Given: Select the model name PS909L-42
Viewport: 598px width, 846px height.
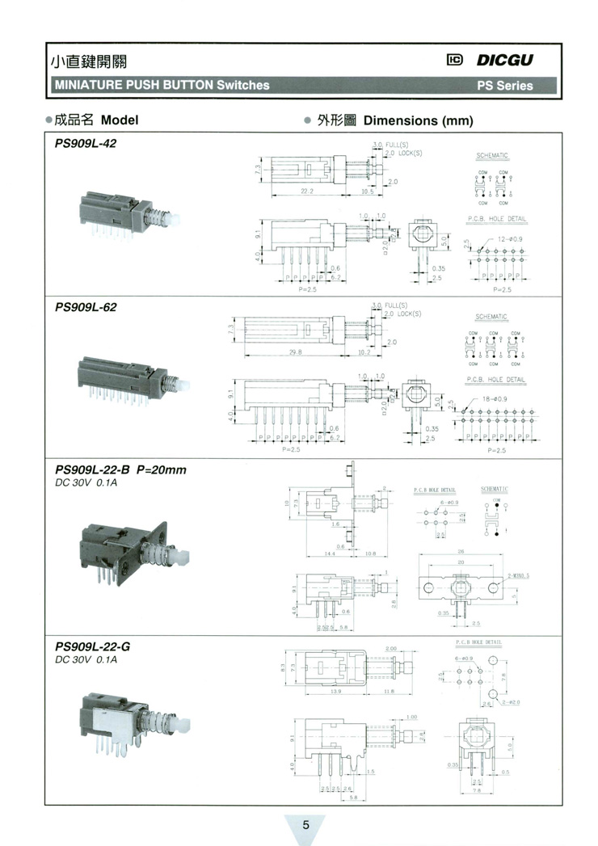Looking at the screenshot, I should pyautogui.click(x=85, y=143).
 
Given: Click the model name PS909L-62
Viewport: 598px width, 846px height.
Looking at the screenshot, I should pyautogui.click(x=85, y=307).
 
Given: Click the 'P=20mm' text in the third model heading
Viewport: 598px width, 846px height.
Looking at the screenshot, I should pyautogui.click(x=161, y=470).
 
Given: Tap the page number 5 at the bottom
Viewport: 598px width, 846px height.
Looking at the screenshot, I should pyautogui.click(x=305, y=825).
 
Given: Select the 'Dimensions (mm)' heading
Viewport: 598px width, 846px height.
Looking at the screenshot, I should pyautogui.click(x=418, y=120).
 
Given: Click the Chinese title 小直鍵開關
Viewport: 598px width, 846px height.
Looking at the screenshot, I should pyautogui.click(x=89, y=61).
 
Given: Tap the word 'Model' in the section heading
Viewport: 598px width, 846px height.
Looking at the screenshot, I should pyautogui.click(x=120, y=120).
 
